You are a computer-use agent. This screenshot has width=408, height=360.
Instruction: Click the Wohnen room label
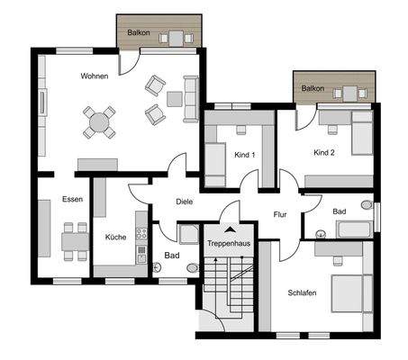pos(94,76)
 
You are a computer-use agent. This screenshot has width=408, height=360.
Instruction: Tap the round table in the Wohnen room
pos(99,121)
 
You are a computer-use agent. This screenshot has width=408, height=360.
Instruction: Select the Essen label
pos(73,198)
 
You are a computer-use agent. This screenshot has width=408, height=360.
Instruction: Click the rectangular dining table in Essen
pos(75,240)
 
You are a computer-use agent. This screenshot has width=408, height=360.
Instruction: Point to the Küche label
pos(115,237)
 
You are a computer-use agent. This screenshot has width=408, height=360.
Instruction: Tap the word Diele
pos(184,202)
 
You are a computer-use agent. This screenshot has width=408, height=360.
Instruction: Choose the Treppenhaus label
pos(227,244)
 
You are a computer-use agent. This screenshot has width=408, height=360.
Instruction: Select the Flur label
pos(280,214)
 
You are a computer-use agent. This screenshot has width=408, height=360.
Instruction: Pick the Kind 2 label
pos(323,153)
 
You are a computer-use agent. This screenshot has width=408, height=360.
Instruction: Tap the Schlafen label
pos(302,292)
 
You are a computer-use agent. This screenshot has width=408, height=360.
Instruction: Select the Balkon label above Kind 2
pos(313,88)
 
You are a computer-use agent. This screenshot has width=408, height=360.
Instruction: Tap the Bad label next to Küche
pos(171,256)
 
